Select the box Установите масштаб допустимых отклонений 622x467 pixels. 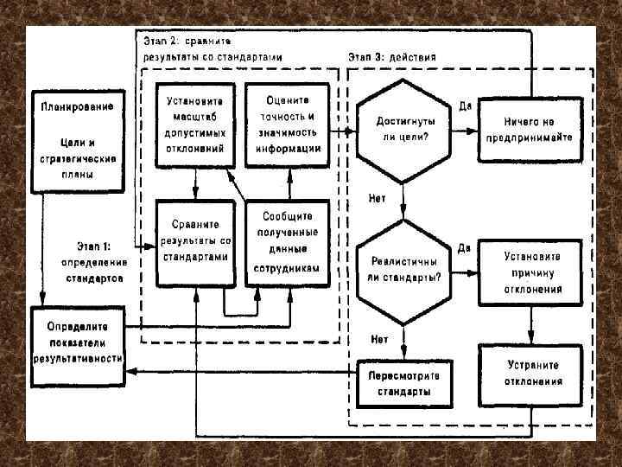click(x=195, y=124)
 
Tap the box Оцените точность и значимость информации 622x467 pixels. click(x=288, y=124)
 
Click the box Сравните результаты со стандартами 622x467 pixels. click(x=195, y=242)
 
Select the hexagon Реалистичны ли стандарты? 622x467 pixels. click(x=403, y=268)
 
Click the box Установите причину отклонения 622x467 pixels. click(x=534, y=272)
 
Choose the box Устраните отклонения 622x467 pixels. click(x=534, y=373)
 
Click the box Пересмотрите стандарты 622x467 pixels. click(x=403, y=383)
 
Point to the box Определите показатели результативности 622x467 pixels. click(x=78, y=342)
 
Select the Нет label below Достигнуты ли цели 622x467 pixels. click(x=378, y=198)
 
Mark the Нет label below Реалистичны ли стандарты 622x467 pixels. click(x=378, y=338)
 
